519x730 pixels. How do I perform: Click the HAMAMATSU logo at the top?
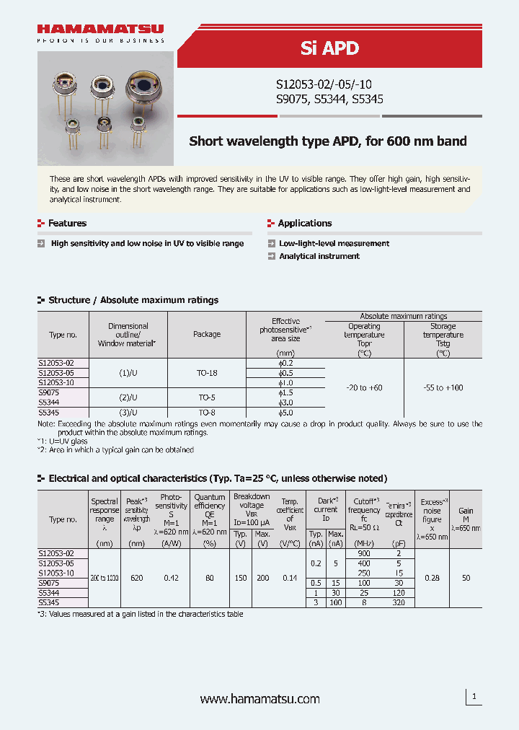pyautogui.click(x=100, y=30)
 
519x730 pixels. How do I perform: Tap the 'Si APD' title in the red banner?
pyautogui.click(x=329, y=48)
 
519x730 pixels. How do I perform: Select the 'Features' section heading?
pyautogui.click(x=67, y=224)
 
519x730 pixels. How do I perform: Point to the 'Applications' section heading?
pyautogui.click(x=305, y=224)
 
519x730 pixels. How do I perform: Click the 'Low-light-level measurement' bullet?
pyautogui.click(x=334, y=244)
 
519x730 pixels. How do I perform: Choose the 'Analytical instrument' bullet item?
pyautogui.click(x=319, y=256)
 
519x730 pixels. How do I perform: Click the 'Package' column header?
pyautogui.click(x=207, y=335)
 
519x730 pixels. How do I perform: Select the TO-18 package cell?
pyautogui.click(x=207, y=373)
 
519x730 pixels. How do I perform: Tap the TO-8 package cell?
pyautogui.click(x=207, y=413)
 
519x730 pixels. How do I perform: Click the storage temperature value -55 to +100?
pyautogui.click(x=443, y=388)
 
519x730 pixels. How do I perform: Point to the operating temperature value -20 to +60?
pyautogui.click(x=364, y=388)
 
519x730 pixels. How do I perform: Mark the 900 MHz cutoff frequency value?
pyautogui.click(x=364, y=553)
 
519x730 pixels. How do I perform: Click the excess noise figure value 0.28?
pyautogui.click(x=432, y=578)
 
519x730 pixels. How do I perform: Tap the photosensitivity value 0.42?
pyautogui.click(x=172, y=578)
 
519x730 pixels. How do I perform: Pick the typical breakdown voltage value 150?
pyautogui.click(x=240, y=578)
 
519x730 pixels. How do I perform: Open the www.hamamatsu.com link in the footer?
pyautogui.click(x=259, y=699)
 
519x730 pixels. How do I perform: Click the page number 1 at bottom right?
pyautogui.click(x=474, y=697)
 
